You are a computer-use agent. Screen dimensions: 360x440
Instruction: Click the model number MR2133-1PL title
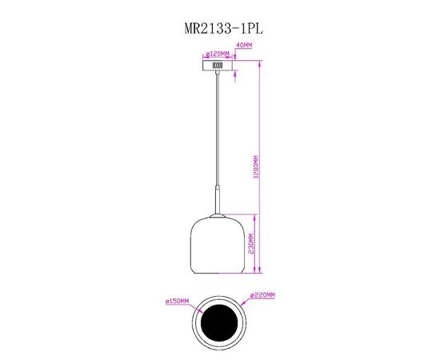219,26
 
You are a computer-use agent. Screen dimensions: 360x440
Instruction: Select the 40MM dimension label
244,46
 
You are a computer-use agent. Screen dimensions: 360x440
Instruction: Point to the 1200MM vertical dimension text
255,166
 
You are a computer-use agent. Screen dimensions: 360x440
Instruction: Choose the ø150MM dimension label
177,302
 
